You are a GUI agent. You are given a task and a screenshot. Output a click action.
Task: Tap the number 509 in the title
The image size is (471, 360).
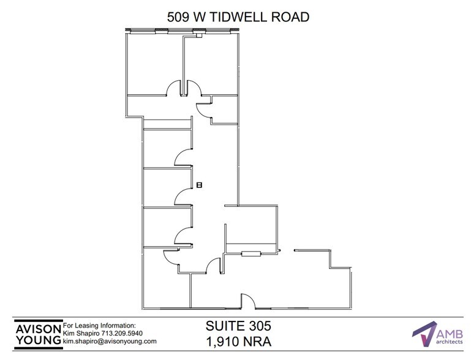179,17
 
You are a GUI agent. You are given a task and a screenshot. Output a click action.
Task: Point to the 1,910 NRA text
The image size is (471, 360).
237,340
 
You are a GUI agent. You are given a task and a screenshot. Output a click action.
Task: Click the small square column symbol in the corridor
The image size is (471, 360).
199,184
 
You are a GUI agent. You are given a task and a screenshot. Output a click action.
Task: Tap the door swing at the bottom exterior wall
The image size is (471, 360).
248,300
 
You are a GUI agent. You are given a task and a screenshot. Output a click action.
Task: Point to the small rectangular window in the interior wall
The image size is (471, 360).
251,253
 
